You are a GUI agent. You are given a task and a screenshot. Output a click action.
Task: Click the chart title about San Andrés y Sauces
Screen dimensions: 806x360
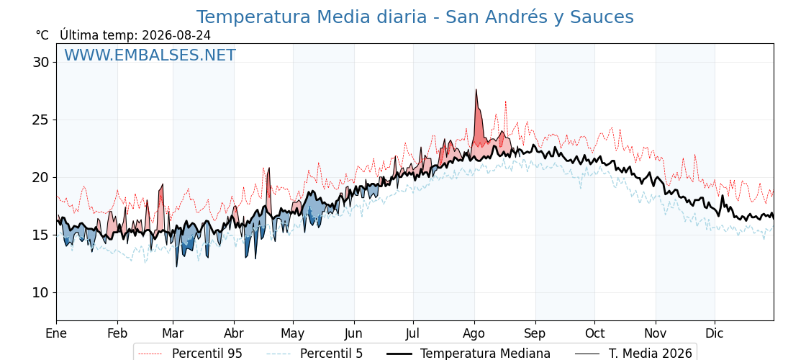(415, 17)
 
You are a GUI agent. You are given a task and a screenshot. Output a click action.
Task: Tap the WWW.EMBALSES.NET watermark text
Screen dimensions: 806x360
(150, 55)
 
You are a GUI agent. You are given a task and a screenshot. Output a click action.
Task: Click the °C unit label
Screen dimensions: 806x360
(42, 35)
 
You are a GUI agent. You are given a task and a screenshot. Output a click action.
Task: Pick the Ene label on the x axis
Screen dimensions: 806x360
(57, 333)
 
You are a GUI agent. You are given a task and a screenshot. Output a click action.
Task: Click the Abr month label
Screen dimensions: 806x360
(234, 333)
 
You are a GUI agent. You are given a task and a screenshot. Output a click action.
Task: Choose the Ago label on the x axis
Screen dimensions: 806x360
(474, 333)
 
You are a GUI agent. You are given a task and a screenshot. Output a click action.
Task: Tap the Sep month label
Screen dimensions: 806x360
(535, 333)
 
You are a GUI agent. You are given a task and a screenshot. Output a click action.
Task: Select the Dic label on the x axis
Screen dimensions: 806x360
(715, 333)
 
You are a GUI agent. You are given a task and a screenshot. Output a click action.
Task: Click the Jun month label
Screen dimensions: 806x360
(353, 333)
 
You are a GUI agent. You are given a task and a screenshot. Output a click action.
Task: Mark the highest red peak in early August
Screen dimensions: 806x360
(476, 89)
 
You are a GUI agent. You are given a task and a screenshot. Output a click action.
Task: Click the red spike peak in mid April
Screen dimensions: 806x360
(268, 168)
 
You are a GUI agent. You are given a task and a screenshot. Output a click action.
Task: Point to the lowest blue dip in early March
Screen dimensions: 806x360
(176, 266)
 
